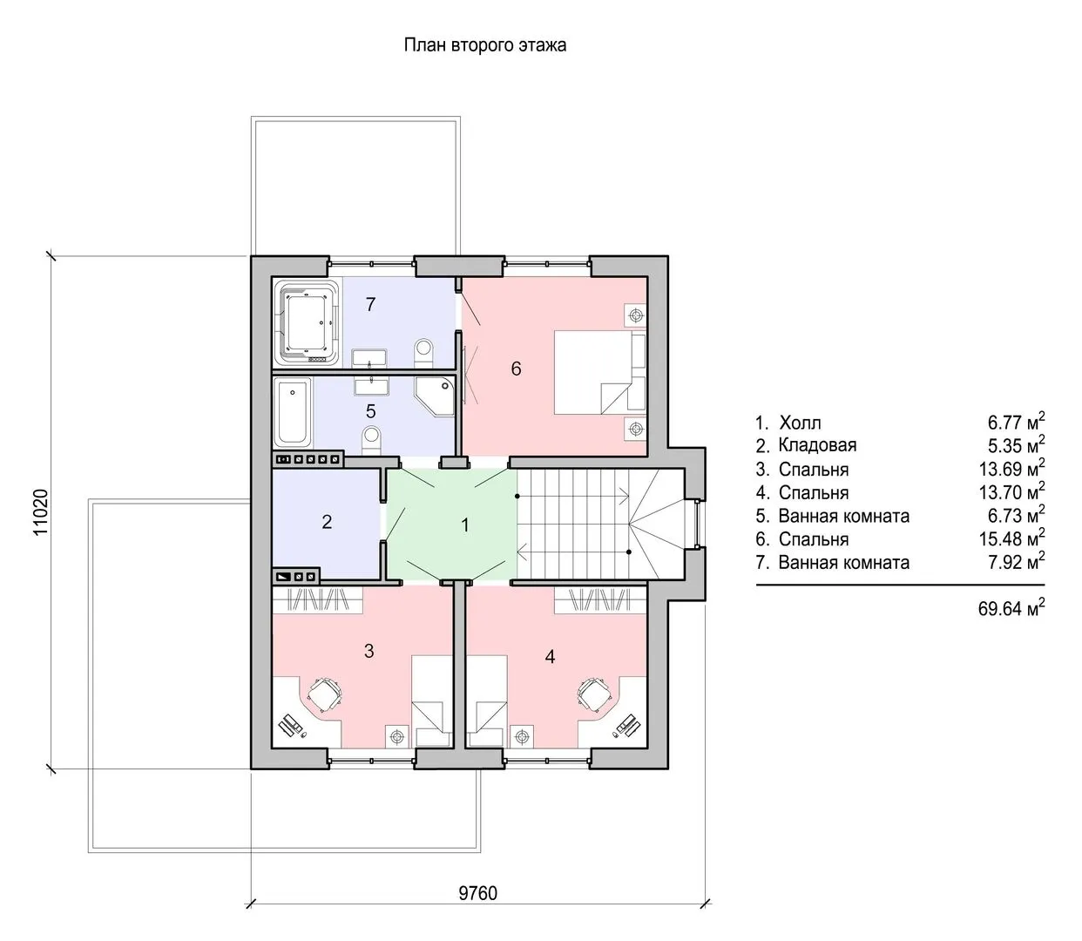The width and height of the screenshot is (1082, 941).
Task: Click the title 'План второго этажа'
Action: (x=485, y=45)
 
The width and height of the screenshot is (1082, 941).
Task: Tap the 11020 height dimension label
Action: (x=41, y=512)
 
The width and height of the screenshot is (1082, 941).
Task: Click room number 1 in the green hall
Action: (x=465, y=525)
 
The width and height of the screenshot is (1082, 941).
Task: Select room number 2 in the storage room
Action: (x=327, y=522)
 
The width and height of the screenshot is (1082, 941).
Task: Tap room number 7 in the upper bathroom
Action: (x=370, y=304)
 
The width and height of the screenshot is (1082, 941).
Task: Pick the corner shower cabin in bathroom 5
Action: (x=435, y=396)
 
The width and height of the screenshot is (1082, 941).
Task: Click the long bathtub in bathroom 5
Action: (x=293, y=412)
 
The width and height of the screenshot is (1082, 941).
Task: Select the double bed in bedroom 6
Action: (x=600, y=372)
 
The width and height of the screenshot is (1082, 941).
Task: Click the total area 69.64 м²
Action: (x=1011, y=609)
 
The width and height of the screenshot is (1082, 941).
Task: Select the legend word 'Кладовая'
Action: (x=817, y=445)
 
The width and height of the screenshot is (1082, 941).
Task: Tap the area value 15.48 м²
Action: (x=1011, y=539)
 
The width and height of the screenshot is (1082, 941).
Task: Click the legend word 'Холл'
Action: (x=800, y=423)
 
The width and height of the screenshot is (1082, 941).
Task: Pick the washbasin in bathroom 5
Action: (x=372, y=387)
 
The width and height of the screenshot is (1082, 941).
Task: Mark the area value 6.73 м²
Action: (x=1016, y=517)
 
